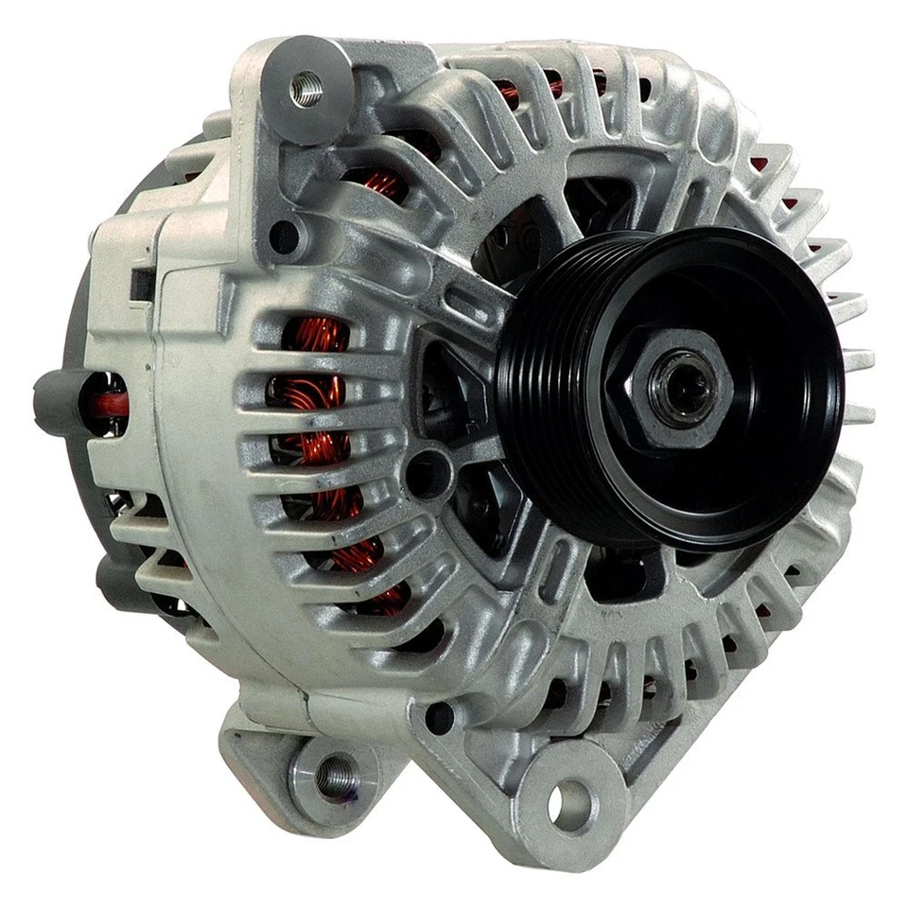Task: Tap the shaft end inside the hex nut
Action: (679, 386)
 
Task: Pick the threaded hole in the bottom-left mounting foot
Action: (334, 777)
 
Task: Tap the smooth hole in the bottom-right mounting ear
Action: (568, 804)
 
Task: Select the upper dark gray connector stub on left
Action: (57, 402)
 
